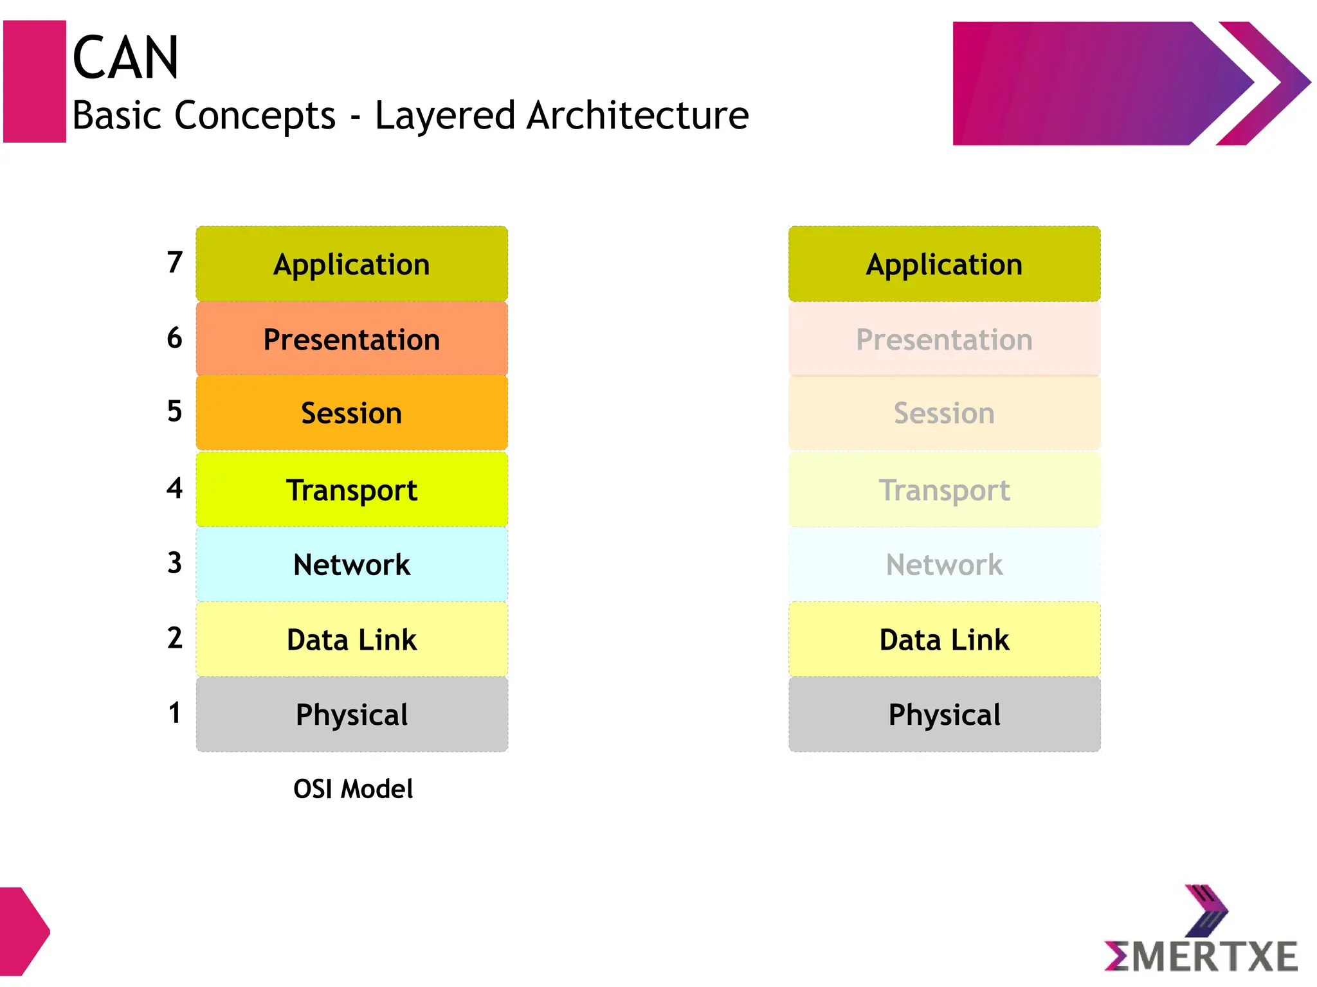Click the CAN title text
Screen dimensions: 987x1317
(x=125, y=58)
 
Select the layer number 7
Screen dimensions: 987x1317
(x=174, y=262)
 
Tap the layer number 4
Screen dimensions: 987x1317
(x=174, y=488)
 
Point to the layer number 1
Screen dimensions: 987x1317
(x=174, y=713)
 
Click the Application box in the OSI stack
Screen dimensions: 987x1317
(x=352, y=264)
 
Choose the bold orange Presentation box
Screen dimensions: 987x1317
(x=352, y=339)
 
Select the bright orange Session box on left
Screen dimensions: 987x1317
(x=352, y=413)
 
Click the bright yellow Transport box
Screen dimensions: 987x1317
(x=352, y=490)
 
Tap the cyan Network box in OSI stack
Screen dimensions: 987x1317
(x=352, y=565)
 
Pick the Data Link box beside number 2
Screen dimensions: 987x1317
(x=352, y=639)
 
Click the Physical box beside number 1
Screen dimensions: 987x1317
(x=352, y=715)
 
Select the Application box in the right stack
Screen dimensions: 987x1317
(x=944, y=264)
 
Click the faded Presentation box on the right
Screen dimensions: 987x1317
(x=944, y=339)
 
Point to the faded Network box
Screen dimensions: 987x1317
(x=944, y=565)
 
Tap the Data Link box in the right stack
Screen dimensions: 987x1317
(x=944, y=639)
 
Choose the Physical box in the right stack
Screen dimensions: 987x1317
(x=944, y=715)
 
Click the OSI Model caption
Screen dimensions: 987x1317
(x=352, y=789)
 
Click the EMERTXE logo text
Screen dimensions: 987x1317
(x=1201, y=956)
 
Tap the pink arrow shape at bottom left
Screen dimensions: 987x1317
(x=23, y=932)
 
